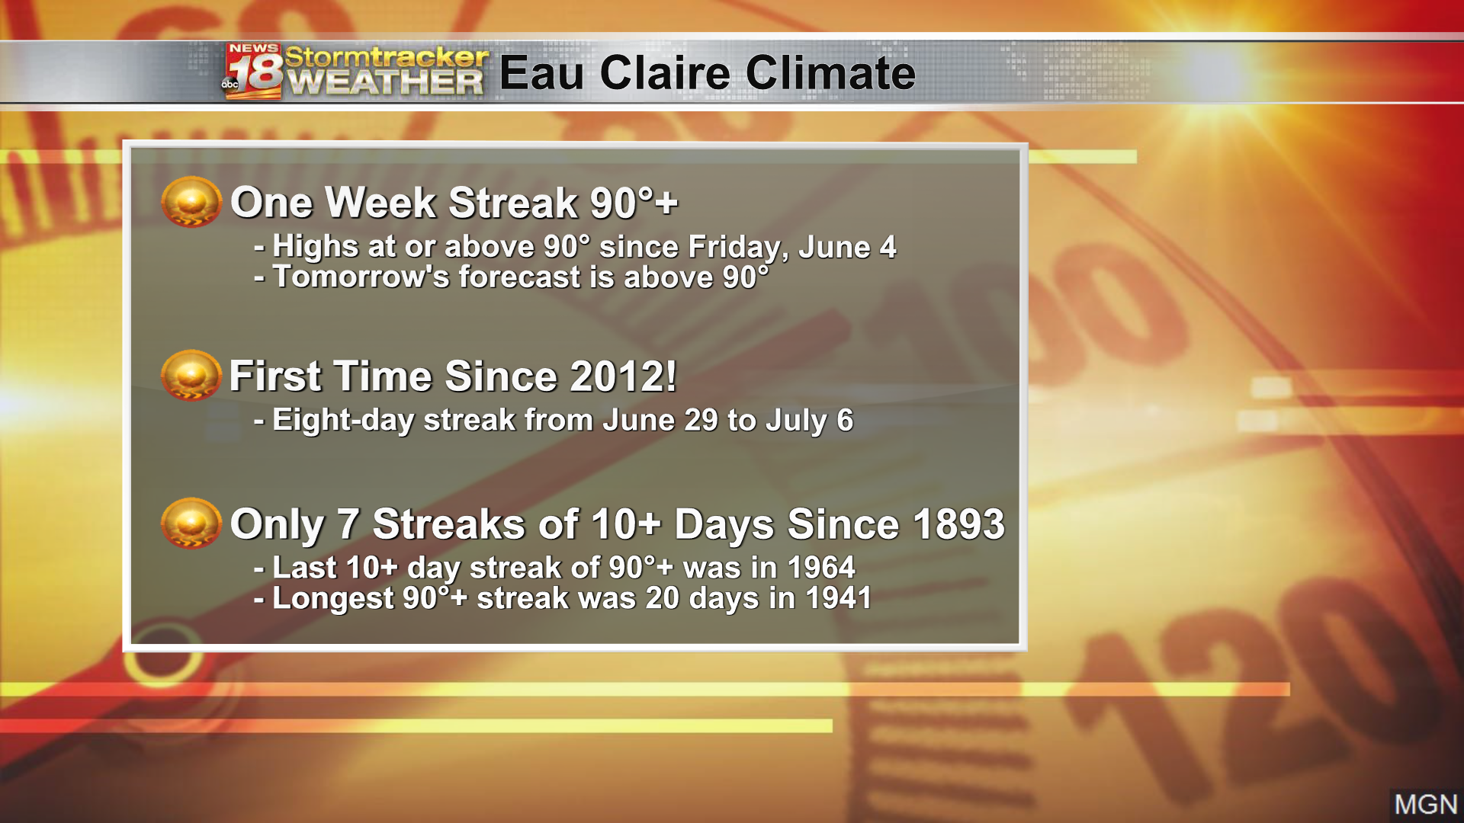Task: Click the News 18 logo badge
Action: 253,72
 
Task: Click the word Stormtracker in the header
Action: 387,56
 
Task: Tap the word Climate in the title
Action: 830,73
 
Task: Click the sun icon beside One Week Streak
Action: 191,202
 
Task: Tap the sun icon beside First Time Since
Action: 191,376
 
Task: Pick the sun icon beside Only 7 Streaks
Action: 191,524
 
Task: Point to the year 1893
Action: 958,524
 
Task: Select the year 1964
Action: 821,568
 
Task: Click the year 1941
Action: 839,598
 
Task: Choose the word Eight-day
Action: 343,421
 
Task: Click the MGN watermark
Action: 1426,805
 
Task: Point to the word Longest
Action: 333,599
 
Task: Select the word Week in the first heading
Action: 384,203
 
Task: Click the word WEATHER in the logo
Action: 386,83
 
